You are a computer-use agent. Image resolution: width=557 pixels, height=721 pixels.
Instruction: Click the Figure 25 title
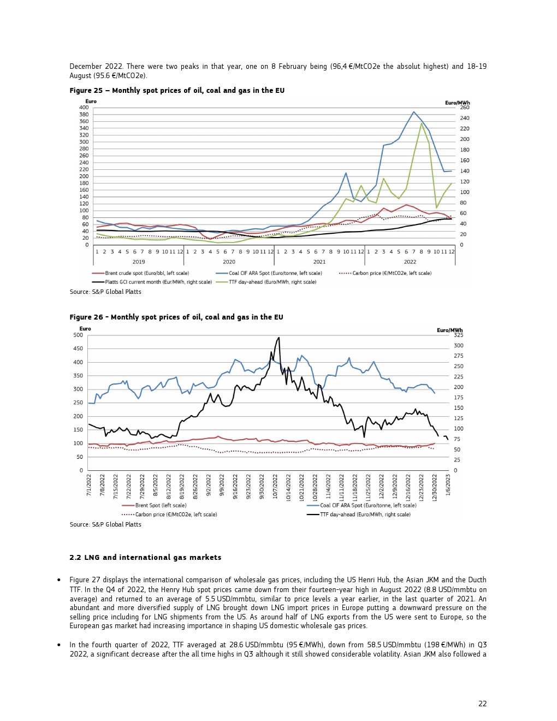(177, 91)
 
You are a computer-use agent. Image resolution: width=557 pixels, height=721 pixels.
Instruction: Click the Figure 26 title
(176, 317)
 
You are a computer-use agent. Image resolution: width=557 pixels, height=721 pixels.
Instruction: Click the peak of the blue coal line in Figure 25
(414, 112)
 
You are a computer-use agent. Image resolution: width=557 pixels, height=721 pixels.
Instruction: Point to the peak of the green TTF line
(422, 123)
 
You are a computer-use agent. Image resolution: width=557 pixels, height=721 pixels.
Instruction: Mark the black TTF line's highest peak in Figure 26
(278, 338)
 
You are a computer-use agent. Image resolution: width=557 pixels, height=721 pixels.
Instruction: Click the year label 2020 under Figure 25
(229, 262)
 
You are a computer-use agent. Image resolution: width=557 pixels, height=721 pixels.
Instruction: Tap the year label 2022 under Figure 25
(410, 262)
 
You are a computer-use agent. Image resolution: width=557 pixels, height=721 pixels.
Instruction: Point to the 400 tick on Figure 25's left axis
(84, 108)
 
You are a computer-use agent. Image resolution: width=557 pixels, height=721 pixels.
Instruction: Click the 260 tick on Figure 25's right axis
(464, 108)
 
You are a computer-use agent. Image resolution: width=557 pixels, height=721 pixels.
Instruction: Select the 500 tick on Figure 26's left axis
(78, 335)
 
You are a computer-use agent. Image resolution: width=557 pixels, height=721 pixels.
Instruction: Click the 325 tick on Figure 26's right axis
(459, 335)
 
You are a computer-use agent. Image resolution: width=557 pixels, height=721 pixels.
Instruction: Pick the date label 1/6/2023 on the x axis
(448, 486)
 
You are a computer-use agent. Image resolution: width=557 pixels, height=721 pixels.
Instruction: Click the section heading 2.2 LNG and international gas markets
(145, 558)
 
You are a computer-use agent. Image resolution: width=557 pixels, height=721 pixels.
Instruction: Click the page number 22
(482, 704)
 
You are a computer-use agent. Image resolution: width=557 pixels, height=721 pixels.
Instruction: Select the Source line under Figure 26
(105, 525)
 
